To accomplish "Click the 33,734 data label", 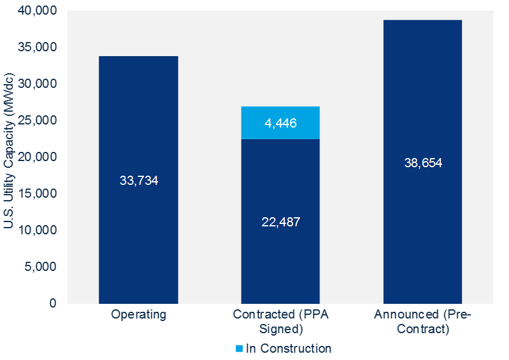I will pos(138,181).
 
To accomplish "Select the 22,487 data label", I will pos(280,221).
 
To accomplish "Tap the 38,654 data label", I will pos(422,163).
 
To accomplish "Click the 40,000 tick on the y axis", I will pos(38,11).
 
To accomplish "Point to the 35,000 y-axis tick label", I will pos(38,48).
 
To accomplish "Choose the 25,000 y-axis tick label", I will pos(38,121).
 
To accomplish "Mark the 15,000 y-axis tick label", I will pos(38,194).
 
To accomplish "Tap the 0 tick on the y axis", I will pos(53,304).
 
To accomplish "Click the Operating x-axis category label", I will pos(138,315).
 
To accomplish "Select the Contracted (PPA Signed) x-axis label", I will pos(280,322).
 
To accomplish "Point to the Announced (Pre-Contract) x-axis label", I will pos(422,322).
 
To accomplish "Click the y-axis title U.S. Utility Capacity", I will pos(10,157).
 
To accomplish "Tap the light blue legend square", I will pos(240,349).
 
